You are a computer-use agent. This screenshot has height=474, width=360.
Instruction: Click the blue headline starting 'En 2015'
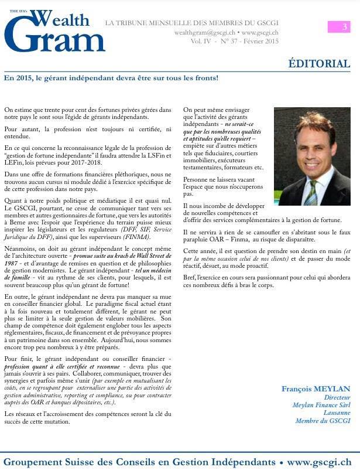(111, 77)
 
